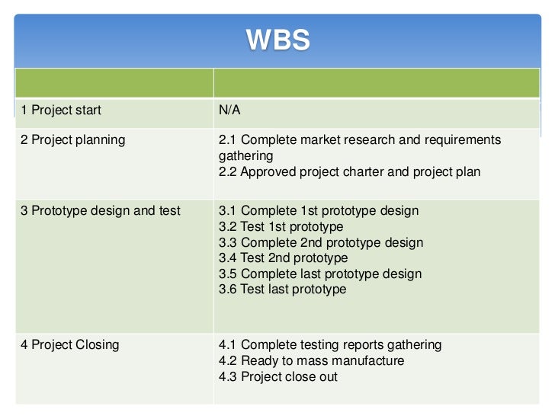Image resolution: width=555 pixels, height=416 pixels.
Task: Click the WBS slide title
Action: (x=277, y=40)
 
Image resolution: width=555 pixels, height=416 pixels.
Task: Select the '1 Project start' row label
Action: (x=61, y=110)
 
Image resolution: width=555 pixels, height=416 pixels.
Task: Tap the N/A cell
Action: (x=229, y=110)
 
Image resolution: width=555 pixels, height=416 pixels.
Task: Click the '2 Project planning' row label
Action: (x=73, y=140)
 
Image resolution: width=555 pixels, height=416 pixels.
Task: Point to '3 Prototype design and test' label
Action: (x=101, y=211)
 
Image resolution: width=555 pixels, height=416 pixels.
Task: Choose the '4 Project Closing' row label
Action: (x=70, y=345)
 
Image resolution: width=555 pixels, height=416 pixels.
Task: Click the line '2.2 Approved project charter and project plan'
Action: (x=349, y=172)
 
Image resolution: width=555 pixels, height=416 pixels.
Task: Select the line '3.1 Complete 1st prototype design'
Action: (x=319, y=211)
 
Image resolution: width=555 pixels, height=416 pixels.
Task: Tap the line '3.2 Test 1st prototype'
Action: (x=281, y=227)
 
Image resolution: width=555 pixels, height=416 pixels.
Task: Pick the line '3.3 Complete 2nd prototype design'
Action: (x=321, y=243)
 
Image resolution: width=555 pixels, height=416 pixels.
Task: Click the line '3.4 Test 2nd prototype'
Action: (x=283, y=258)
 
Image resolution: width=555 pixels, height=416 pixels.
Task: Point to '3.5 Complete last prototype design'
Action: (x=320, y=274)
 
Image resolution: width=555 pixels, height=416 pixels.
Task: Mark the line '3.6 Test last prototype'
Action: (x=283, y=290)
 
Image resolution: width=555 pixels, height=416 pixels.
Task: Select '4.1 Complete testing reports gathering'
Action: (x=330, y=345)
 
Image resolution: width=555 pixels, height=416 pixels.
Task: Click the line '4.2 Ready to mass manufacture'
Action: (x=312, y=361)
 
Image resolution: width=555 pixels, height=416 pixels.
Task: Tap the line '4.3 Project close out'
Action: (x=278, y=377)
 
